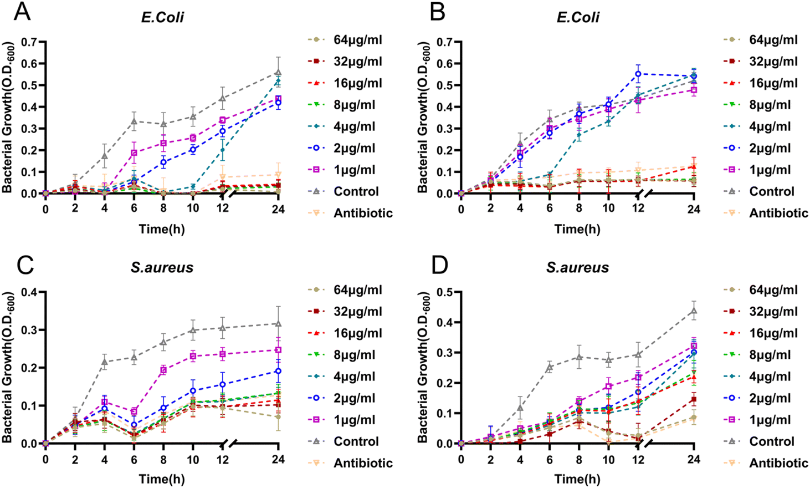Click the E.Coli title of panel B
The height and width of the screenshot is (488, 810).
[578, 17]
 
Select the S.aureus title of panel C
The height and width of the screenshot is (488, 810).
[162, 267]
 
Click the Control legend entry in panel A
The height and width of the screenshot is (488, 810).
[356, 191]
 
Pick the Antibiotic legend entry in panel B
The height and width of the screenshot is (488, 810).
[778, 213]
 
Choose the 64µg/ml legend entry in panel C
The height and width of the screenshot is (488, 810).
[357, 289]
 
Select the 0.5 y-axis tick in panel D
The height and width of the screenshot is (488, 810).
[445, 292]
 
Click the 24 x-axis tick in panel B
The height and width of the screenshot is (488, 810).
[694, 209]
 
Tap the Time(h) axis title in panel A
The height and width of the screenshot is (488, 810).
[162, 228]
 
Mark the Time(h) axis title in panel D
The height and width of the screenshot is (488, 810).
[577, 479]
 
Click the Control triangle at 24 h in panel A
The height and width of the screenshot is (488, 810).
[278, 73]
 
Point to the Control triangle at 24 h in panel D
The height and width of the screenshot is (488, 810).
[694, 311]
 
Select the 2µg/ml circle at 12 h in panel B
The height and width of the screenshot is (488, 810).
[638, 74]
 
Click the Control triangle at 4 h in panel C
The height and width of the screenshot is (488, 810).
[104, 362]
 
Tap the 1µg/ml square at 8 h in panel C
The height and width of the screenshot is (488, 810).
[163, 370]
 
